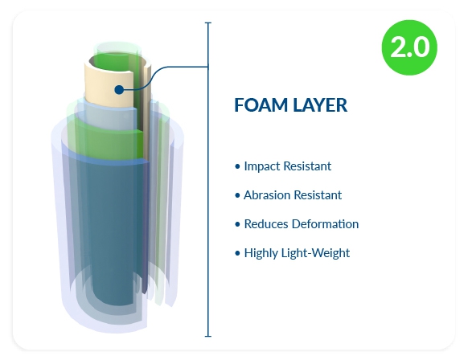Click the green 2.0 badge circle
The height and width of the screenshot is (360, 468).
(409, 47)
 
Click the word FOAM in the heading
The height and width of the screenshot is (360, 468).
(261, 105)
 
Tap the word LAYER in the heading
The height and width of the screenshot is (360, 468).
(320, 105)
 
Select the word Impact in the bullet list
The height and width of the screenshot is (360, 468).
(262, 166)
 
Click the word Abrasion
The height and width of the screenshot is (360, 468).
(267, 195)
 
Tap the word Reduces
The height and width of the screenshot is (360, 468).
(266, 224)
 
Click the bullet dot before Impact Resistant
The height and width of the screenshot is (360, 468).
(237, 166)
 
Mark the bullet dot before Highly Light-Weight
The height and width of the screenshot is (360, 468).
(237, 253)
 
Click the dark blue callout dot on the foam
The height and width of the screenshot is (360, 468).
(119, 89)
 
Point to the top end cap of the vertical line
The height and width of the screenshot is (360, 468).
(208, 22)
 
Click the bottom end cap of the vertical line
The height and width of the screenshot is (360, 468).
(208, 336)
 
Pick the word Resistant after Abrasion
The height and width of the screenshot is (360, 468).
(318, 195)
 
